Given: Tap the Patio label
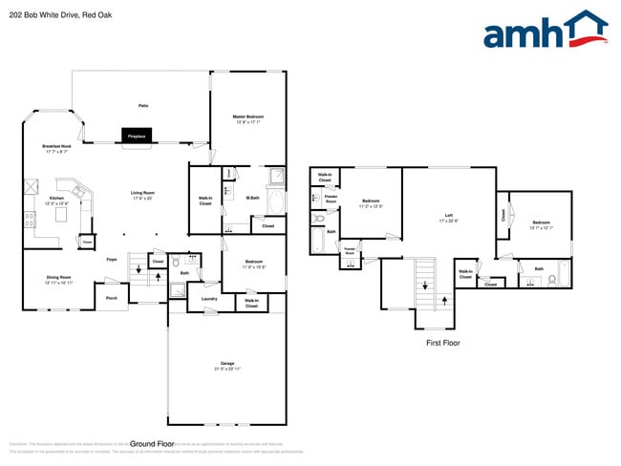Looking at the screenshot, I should point(143,105).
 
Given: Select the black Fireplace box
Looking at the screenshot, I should point(137,137).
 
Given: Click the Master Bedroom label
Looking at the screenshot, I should point(246,117).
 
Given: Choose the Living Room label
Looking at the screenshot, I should point(143,194).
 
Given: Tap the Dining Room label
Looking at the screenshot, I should point(58,280).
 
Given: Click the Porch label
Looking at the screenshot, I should point(111,298).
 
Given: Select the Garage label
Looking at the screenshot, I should point(227,365).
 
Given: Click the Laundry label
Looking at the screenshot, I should point(207,298).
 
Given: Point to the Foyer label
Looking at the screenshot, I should point(112,259).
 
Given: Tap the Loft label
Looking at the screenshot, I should point(447,217).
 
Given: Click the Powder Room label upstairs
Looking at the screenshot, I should point(331,200).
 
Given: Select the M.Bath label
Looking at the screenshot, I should point(253,199).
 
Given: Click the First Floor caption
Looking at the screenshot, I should point(443,342).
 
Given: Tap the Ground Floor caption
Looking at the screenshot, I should point(152,444).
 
